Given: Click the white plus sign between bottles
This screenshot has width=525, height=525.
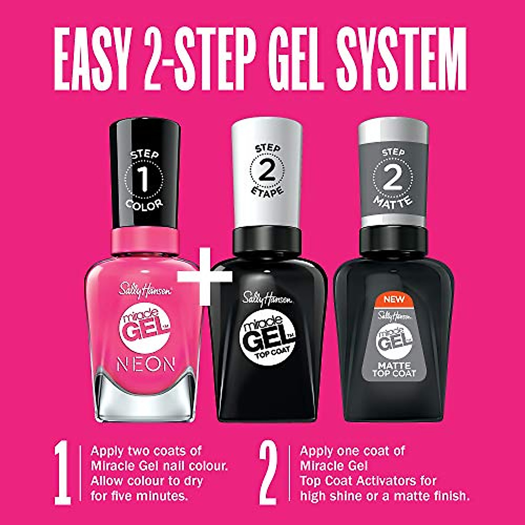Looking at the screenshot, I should (205, 276).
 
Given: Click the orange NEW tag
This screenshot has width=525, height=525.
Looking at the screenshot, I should (394, 300).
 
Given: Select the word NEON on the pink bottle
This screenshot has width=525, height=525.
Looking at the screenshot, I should (145, 364).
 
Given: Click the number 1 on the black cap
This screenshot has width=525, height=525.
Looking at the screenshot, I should (144, 179).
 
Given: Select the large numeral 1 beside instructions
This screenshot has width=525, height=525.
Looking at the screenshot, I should (63, 475).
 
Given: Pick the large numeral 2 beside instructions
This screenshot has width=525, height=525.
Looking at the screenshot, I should (268, 475).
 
